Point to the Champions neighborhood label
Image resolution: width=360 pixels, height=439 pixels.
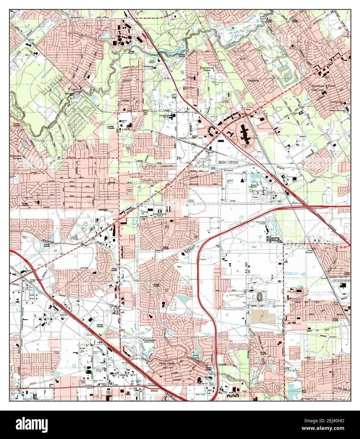coord(253,81)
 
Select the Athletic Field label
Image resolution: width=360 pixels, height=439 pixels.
coord(129,191)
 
